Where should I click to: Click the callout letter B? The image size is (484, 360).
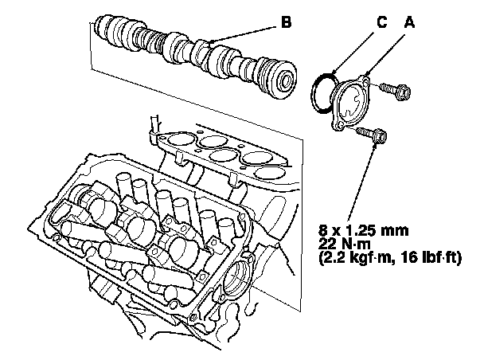tap(286, 24)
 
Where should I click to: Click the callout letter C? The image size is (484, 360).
tap(382, 23)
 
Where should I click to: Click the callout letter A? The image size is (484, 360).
tap(410, 23)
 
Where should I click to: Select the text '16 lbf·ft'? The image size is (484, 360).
tap(431, 259)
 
